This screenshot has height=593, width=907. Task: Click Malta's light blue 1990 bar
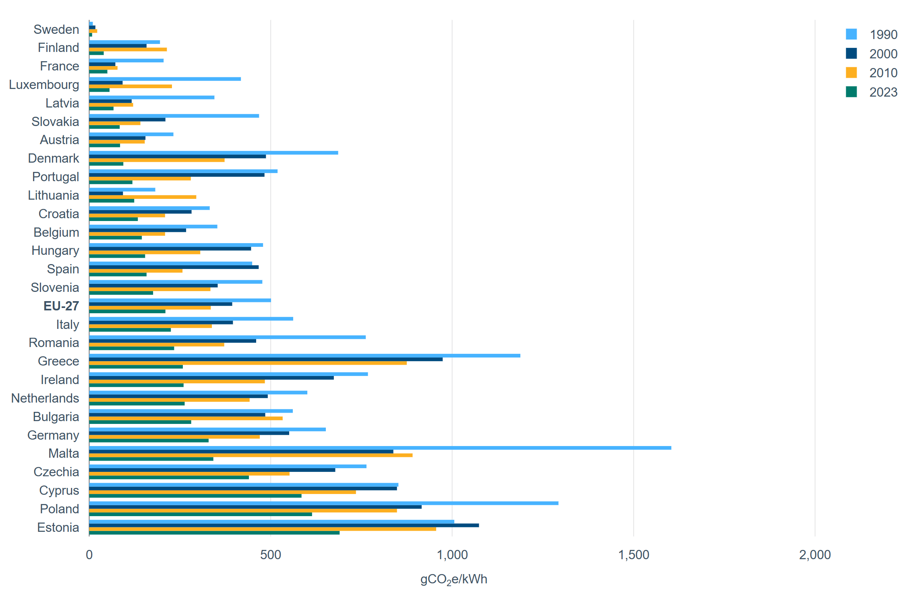pyautogui.click(x=380, y=448)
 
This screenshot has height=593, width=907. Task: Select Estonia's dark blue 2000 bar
pyautogui.click(x=284, y=525)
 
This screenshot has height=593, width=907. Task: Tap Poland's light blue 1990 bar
pyautogui.click(x=323, y=503)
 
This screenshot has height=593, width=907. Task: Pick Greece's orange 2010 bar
pyautogui.click(x=248, y=363)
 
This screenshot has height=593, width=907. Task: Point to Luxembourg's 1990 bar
pyautogui.click(x=165, y=79)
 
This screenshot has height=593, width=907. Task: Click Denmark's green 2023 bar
pyautogui.click(x=106, y=164)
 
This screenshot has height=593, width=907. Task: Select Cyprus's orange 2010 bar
pyautogui.click(x=222, y=492)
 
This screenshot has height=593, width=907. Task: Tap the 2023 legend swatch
pyautogui.click(x=851, y=92)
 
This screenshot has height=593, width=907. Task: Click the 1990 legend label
pyautogui.click(x=883, y=35)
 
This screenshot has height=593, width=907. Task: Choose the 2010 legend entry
pyautogui.click(x=883, y=73)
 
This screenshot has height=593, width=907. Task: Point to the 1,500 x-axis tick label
pyautogui.click(x=634, y=555)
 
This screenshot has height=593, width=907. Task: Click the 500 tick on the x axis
pyautogui.click(x=270, y=555)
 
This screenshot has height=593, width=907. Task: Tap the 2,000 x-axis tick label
pyautogui.click(x=815, y=555)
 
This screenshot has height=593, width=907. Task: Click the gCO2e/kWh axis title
pyautogui.click(x=453, y=579)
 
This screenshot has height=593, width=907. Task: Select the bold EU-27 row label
pyautogui.click(x=61, y=306)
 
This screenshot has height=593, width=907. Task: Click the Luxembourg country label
pyautogui.click(x=44, y=85)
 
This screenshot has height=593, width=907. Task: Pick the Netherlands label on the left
pyautogui.click(x=45, y=398)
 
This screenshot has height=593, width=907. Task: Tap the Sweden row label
pyautogui.click(x=56, y=29)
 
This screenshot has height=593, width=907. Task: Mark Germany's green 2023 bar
pyautogui.click(x=149, y=440)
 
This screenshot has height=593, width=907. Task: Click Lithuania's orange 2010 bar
pyautogui.click(x=143, y=197)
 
